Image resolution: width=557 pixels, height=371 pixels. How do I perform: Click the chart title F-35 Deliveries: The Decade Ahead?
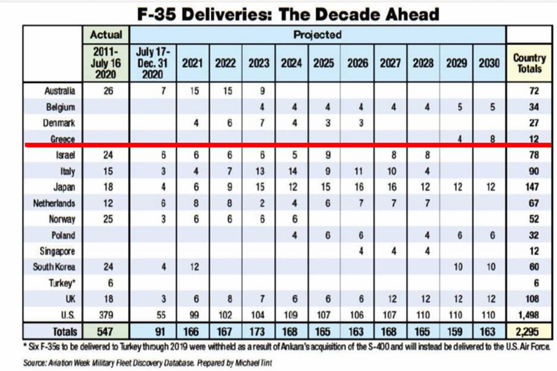pyautogui.click(x=288, y=14)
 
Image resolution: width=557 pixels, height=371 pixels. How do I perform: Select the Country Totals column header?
pyautogui.click(x=529, y=64)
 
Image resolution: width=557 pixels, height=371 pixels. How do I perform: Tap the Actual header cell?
pyautogui.click(x=106, y=35)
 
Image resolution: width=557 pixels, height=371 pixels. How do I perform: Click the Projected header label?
pyautogui.click(x=317, y=35)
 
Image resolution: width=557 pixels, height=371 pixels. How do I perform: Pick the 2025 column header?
pyautogui.click(x=324, y=64)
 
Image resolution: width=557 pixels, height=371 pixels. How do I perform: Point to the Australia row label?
pyautogui.click(x=59, y=91)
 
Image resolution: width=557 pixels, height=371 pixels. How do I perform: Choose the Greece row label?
pyautogui.click(x=63, y=139)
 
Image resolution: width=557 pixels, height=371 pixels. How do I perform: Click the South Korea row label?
pyautogui.click(x=55, y=267)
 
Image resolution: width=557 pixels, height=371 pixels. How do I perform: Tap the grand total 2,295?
pyautogui.click(x=529, y=331)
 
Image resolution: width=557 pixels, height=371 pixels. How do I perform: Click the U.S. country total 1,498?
pyautogui.click(x=529, y=315)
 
